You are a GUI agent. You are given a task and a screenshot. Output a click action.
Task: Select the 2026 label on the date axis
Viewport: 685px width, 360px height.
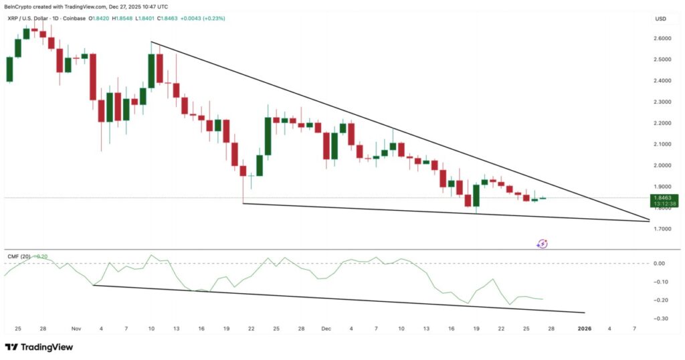click(x=585, y=329)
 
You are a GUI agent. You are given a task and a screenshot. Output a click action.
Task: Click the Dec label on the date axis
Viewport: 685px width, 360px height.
click(x=326, y=329)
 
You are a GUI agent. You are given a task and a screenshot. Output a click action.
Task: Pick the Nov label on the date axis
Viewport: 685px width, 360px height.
click(x=76, y=329)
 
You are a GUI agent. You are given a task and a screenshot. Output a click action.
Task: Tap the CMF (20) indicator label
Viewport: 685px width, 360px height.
click(x=19, y=256)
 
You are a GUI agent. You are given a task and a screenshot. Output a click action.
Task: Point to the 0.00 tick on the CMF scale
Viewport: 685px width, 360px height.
click(x=660, y=264)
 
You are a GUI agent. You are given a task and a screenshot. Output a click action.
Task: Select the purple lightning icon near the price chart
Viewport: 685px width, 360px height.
click(x=543, y=244)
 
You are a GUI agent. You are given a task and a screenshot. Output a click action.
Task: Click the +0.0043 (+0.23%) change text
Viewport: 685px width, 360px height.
click(x=203, y=18)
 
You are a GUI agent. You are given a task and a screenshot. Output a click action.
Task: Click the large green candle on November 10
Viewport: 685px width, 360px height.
click(x=151, y=70)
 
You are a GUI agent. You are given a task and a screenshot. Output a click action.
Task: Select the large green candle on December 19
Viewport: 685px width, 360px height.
click(x=476, y=196)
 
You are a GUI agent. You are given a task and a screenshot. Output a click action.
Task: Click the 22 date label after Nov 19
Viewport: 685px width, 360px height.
click(x=251, y=329)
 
